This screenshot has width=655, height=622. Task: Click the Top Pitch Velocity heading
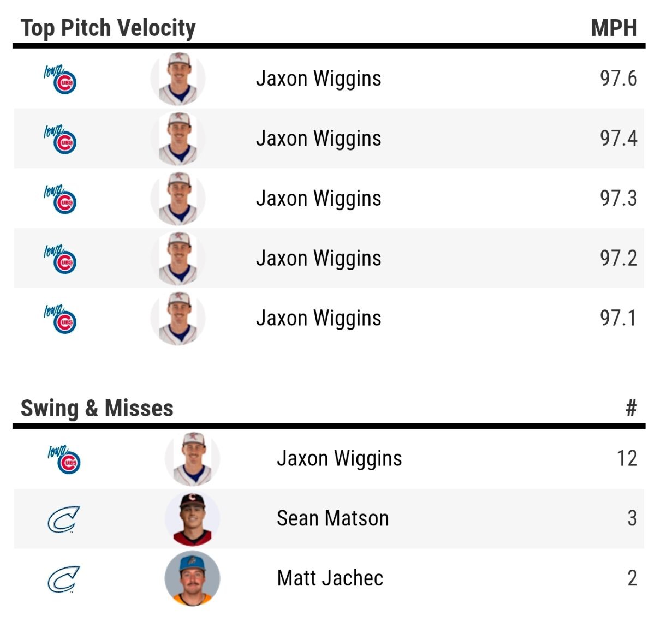(108, 28)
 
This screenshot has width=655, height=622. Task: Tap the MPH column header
(614, 28)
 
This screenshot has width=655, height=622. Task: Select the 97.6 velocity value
(618, 79)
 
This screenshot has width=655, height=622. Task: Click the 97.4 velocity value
(618, 139)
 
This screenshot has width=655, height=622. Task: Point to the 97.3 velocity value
(618, 199)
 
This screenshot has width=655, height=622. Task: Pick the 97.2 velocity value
(618, 258)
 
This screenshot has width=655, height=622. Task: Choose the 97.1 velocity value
(618, 318)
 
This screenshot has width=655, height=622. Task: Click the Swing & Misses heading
(97, 408)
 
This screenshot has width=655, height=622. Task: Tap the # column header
(631, 408)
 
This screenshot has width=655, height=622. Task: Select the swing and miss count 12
(627, 458)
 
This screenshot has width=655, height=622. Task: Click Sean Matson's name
(332, 518)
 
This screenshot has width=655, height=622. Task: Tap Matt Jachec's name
(330, 578)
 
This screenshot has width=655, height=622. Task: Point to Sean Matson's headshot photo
(192, 519)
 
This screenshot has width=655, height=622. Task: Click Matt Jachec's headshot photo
(192, 578)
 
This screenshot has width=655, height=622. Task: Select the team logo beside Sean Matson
(63, 519)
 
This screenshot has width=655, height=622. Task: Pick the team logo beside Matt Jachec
(63, 579)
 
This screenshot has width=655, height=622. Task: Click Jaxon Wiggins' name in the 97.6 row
(318, 79)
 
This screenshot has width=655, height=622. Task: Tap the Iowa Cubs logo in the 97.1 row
(61, 319)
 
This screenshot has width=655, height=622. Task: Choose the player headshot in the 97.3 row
(178, 199)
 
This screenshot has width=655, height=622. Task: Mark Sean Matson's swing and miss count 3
(632, 518)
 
